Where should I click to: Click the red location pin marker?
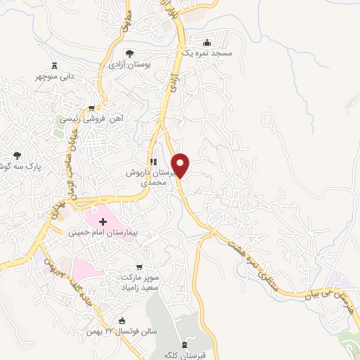pos(181,165)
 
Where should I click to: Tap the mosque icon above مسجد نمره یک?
pos(206,42)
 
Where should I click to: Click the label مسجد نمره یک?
pos(214,53)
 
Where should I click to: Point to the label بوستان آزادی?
pos(129,64)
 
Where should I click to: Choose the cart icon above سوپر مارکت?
pos(139,267)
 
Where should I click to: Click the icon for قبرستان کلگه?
pos(185,345)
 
